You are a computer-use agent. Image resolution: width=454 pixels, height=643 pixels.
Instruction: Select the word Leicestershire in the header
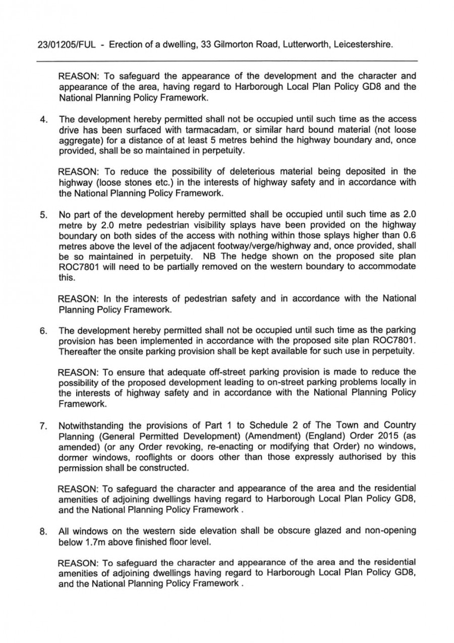click(362, 45)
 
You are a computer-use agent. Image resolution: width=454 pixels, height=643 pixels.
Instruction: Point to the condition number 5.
click(44, 215)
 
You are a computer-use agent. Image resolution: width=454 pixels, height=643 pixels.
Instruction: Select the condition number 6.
click(44, 331)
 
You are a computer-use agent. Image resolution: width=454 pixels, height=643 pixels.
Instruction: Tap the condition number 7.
click(44, 426)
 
